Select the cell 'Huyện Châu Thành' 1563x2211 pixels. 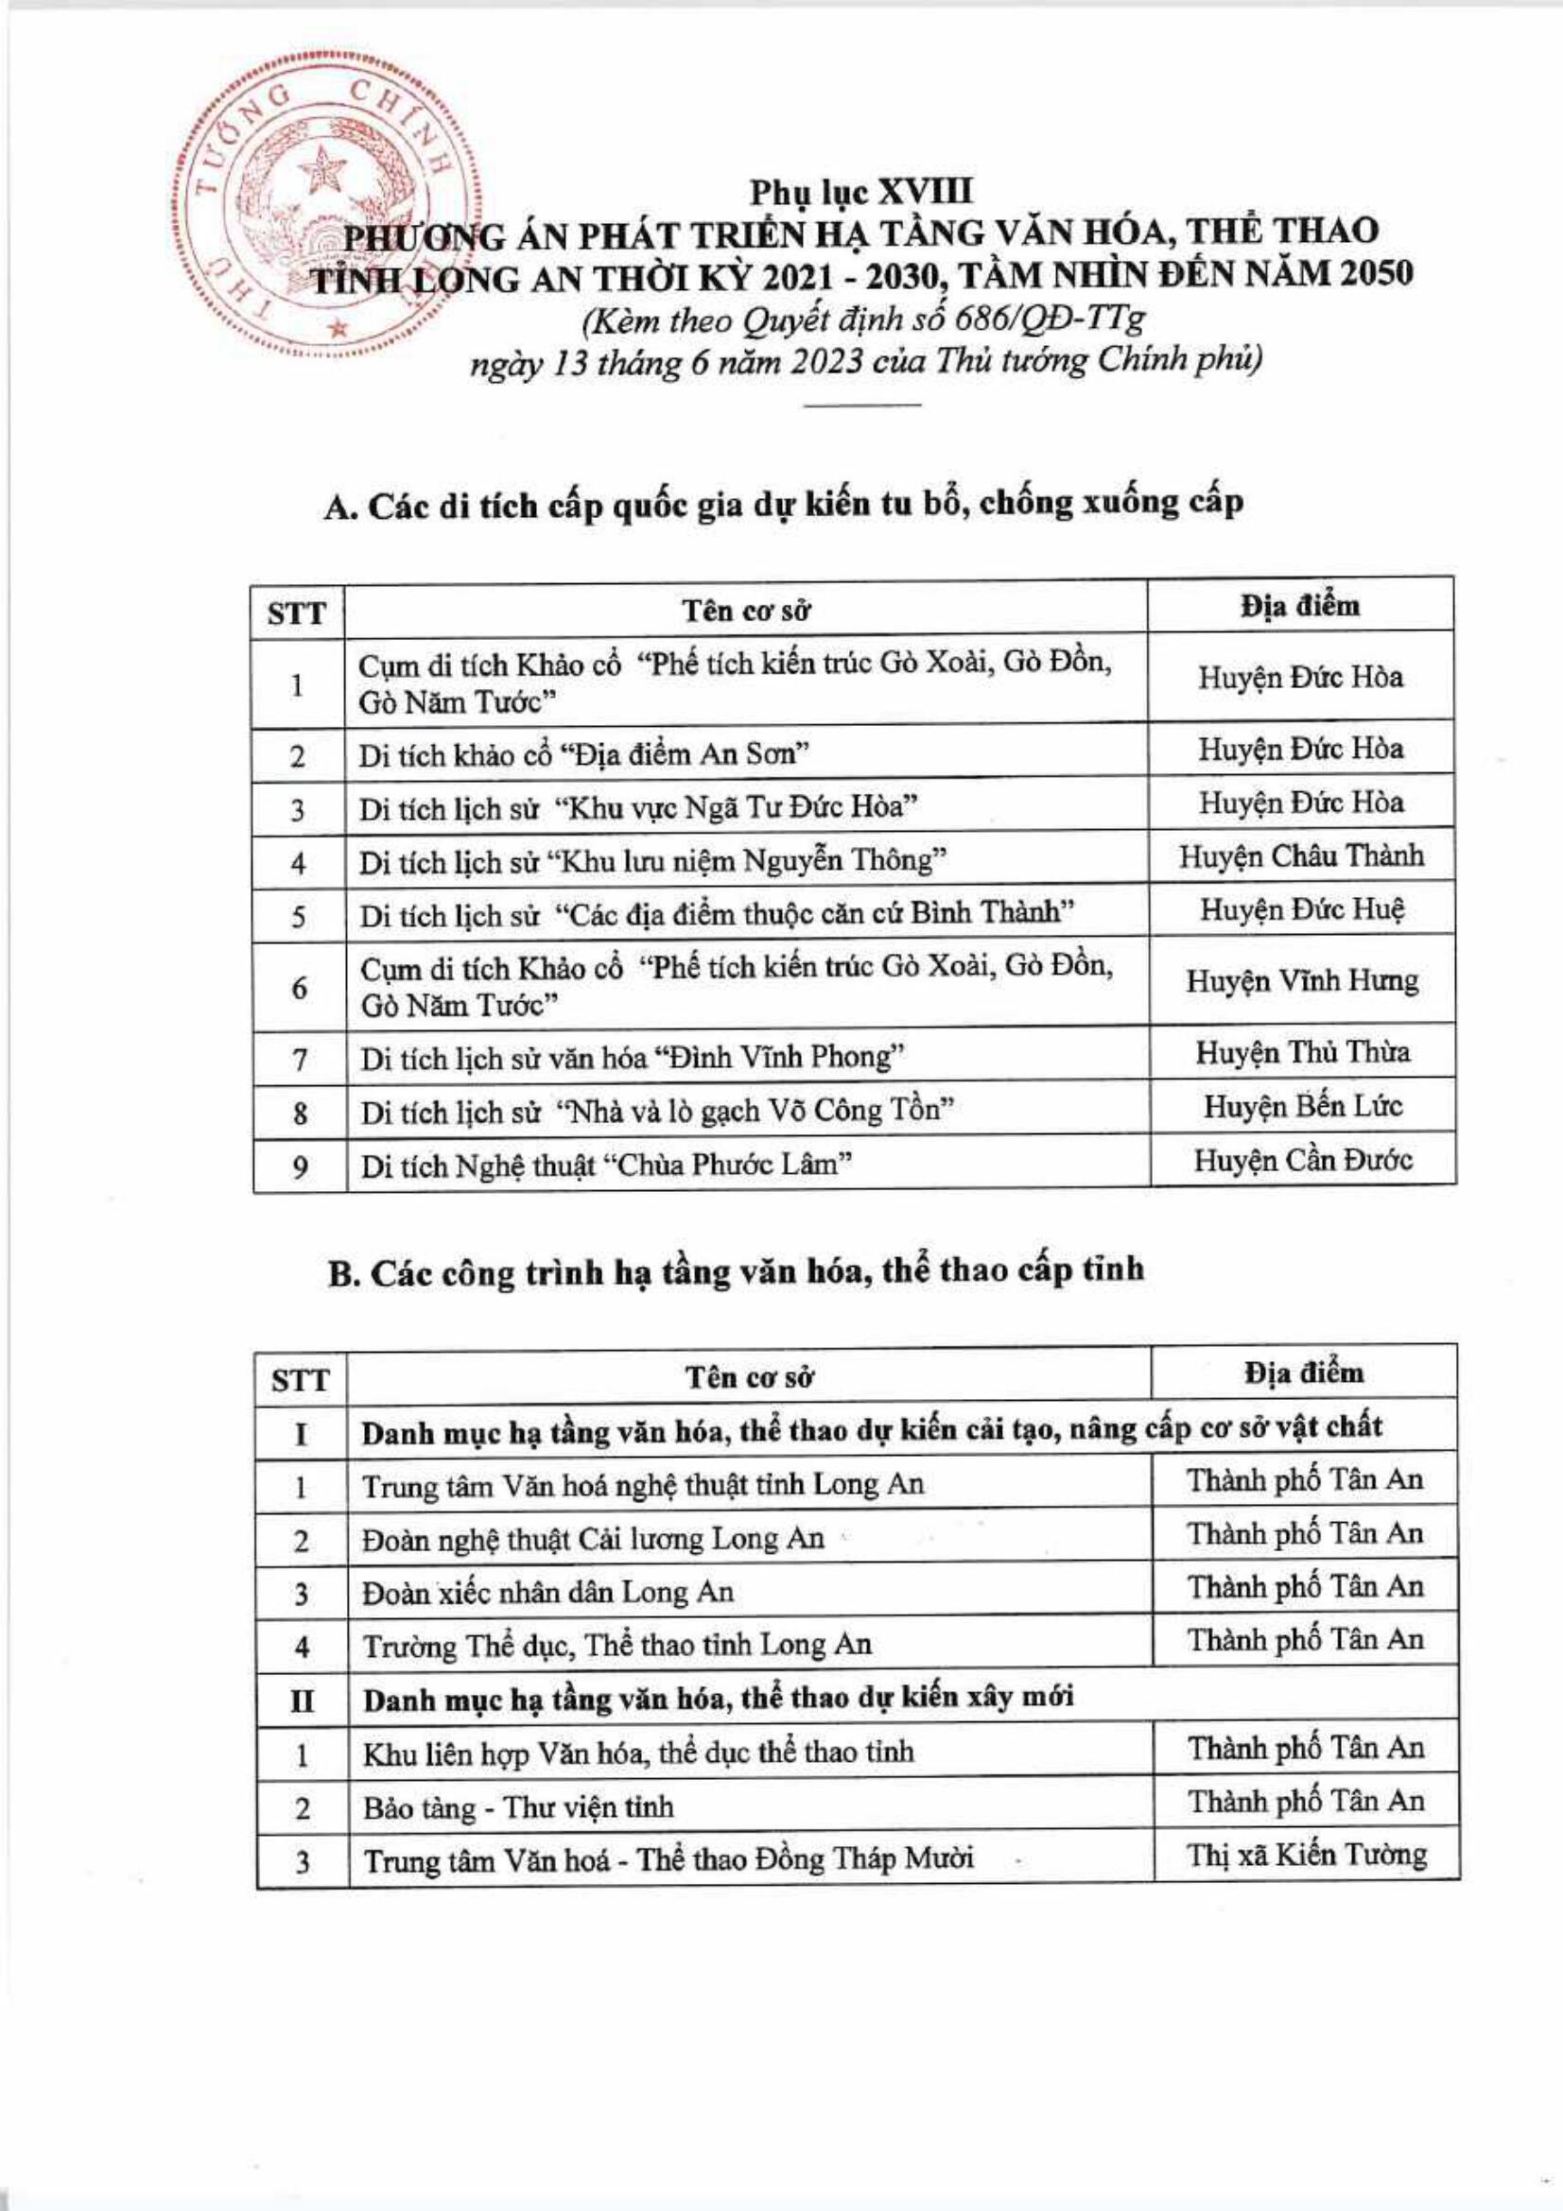pyautogui.click(x=1301, y=857)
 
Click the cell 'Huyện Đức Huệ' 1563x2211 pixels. pyautogui.click(x=1301, y=910)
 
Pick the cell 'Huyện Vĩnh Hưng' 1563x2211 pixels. pyautogui.click(x=1301, y=982)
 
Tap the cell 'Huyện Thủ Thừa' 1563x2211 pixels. pyautogui.click(x=1302, y=1052)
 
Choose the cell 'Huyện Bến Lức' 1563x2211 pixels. pyautogui.click(x=1302, y=1107)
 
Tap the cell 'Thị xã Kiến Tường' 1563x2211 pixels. pyautogui.click(x=1306, y=1855)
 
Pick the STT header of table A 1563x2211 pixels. pyautogui.click(x=299, y=613)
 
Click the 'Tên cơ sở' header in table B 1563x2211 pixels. pyautogui.click(x=749, y=1378)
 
